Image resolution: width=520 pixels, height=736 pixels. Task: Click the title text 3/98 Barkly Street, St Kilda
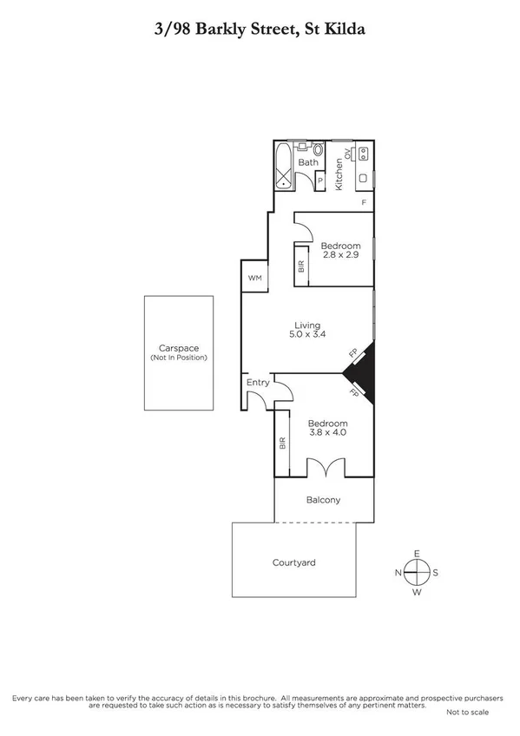pyautogui.click(x=260, y=28)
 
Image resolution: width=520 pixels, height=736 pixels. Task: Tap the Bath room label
pyautogui.click(x=307, y=162)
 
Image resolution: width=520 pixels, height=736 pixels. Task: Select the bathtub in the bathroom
pyautogui.click(x=283, y=167)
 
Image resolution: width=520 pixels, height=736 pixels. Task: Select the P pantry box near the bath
pyautogui.click(x=319, y=181)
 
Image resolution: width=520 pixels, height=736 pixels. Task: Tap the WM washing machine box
pyautogui.click(x=254, y=278)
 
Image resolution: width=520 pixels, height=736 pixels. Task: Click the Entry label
pyautogui.click(x=258, y=382)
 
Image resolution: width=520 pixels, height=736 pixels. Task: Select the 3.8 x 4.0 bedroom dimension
pyautogui.click(x=327, y=432)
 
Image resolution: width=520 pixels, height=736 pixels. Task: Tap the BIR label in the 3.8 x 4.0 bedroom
pyautogui.click(x=282, y=443)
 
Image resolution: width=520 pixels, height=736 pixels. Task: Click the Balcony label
pyautogui.click(x=324, y=500)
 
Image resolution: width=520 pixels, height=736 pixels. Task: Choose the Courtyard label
pyautogui.click(x=293, y=562)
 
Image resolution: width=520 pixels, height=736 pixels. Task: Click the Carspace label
pyautogui.click(x=178, y=349)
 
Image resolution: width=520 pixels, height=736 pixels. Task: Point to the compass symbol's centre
pyautogui.click(x=418, y=572)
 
